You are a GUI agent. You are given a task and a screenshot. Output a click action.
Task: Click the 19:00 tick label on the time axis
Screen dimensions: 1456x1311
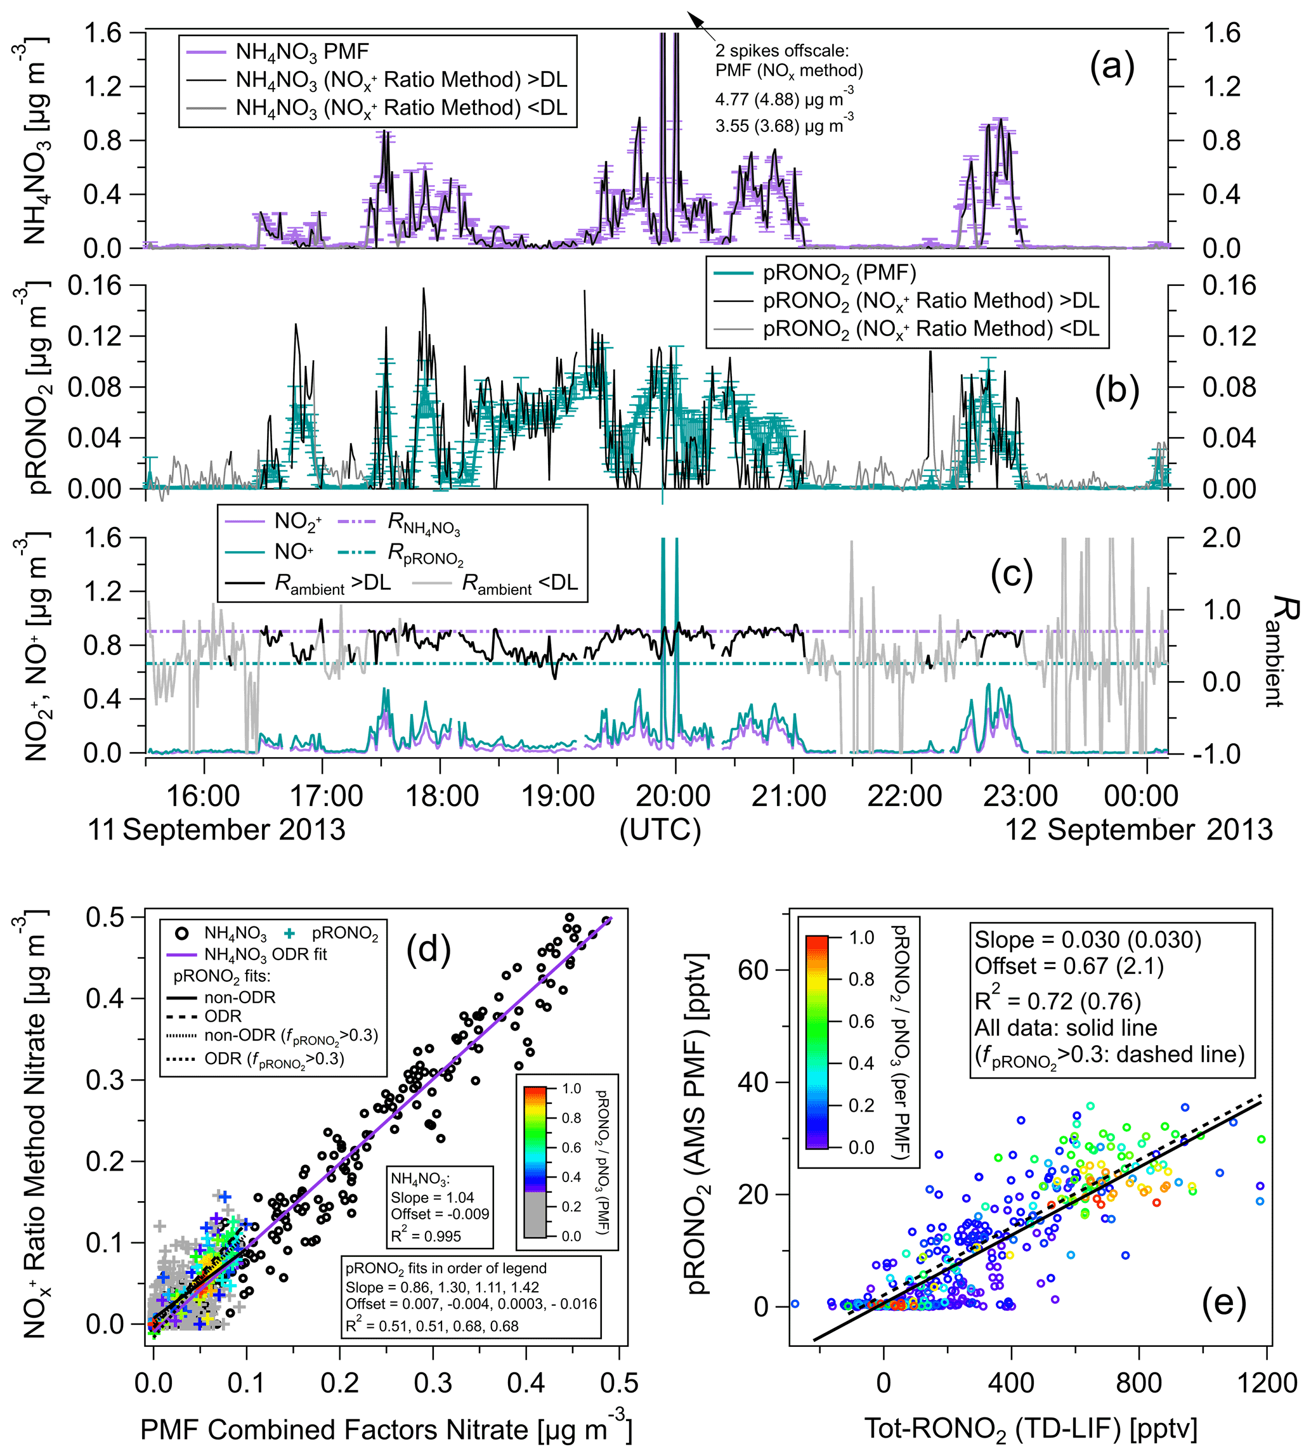(558, 796)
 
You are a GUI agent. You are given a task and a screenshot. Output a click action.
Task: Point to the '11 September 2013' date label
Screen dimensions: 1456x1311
(216, 829)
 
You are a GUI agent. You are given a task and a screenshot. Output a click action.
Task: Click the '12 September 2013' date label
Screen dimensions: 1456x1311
(1138, 829)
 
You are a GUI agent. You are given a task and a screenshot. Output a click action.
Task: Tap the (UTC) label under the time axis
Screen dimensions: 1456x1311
(660, 829)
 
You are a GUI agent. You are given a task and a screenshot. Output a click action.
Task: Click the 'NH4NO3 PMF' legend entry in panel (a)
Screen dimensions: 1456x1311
(302, 52)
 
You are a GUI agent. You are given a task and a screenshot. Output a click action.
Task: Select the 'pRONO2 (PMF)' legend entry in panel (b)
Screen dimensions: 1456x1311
(839, 273)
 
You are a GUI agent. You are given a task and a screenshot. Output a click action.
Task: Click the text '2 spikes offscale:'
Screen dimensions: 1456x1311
(782, 50)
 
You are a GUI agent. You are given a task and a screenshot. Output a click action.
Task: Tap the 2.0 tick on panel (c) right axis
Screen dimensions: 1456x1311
(1221, 537)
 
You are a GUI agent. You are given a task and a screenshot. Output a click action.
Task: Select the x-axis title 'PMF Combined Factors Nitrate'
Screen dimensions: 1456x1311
(386, 1429)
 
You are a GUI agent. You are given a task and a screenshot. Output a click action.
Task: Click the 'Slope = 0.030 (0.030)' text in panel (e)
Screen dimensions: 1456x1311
(1088, 940)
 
